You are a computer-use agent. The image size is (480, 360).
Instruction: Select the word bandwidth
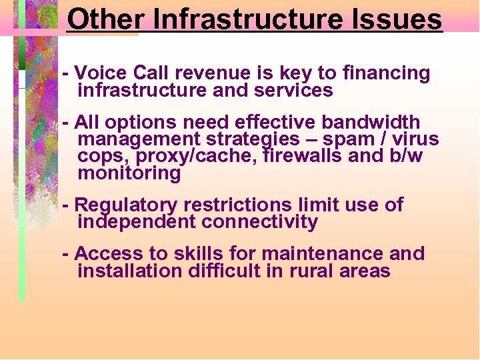[x=371, y=123]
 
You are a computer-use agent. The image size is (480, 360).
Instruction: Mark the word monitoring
[x=129, y=173]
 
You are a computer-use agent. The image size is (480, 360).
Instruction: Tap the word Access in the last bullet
[x=105, y=254]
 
